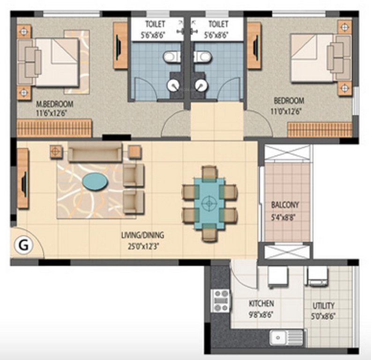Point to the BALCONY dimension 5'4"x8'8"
tap(285, 217)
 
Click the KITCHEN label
tap(261, 304)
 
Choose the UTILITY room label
tap(324, 306)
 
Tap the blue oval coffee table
tap(94, 181)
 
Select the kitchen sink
tap(286, 337)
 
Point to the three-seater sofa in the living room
tap(95, 153)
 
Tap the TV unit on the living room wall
tap(22, 178)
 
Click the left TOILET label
tap(156, 24)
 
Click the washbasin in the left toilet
tap(173, 85)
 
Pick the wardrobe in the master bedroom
tap(54, 128)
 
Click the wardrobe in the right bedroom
tap(319, 129)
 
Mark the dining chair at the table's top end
tap(209, 172)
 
